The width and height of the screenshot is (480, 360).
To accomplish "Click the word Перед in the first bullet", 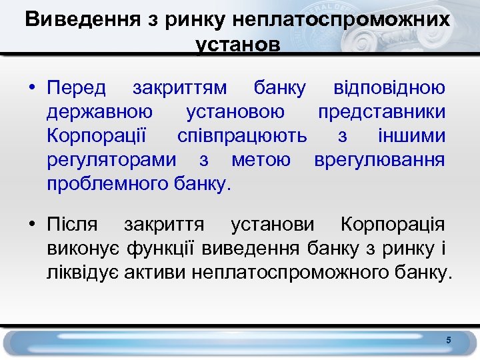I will click(76, 89).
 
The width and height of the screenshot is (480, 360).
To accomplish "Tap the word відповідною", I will click(389, 89).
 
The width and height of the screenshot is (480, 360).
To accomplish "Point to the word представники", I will click(381, 113).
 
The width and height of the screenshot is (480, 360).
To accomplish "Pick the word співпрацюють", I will click(242, 136).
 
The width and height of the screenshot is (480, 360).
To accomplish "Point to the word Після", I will click(72, 225).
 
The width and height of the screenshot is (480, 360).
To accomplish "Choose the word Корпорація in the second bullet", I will click(393, 225).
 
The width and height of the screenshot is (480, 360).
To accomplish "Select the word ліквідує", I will click(83, 273).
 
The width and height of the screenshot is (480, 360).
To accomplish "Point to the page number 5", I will click(449, 341).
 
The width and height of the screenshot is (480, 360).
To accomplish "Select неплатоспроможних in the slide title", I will click(341, 19).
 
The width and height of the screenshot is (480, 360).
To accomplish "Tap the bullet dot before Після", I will click(31, 225).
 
